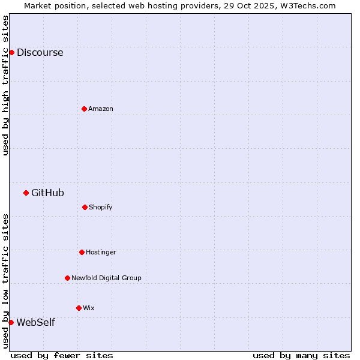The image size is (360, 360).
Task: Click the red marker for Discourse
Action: (11, 52)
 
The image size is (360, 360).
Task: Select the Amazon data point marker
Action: (84, 109)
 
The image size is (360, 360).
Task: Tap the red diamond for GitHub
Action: (26, 193)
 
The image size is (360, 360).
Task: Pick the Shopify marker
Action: (85, 207)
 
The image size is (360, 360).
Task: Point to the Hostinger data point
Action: (82, 252)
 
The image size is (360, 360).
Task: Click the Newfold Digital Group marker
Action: (67, 278)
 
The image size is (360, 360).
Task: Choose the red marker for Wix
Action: (79, 308)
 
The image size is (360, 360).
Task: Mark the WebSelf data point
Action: (11, 322)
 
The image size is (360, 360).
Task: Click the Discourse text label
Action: (40, 52)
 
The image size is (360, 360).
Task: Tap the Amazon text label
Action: (101, 109)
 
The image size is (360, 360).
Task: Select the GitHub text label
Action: (47, 193)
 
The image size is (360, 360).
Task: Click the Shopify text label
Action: (101, 207)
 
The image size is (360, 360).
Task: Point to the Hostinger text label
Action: (101, 252)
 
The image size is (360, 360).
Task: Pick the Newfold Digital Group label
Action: (106, 278)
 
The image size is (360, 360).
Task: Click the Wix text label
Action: (89, 308)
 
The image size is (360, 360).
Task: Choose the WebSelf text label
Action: (35, 322)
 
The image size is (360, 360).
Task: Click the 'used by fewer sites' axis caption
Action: (62, 355)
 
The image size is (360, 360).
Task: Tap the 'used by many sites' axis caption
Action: (301, 355)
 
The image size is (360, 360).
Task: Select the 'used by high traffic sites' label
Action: (5, 85)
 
